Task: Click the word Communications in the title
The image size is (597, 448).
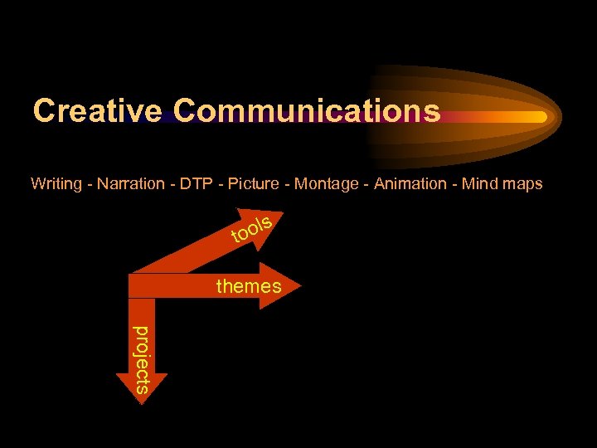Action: pyautogui.click(x=307, y=110)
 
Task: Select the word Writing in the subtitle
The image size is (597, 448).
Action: pyautogui.click(x=56, y=184)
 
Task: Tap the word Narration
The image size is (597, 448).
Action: pyautogui.click(x=130, y=184)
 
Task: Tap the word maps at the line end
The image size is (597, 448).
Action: pyautogui.click(x=522, y=184)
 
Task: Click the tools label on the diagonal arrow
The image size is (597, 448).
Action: pyautogui.click(x=251, y=231)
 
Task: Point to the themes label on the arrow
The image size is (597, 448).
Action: pyautogui.click(x=248, y=287)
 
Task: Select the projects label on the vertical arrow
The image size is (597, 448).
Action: pyautogui.click(x=143, y=358)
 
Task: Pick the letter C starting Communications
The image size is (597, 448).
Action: pyautogui.click(x=187, y=110)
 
